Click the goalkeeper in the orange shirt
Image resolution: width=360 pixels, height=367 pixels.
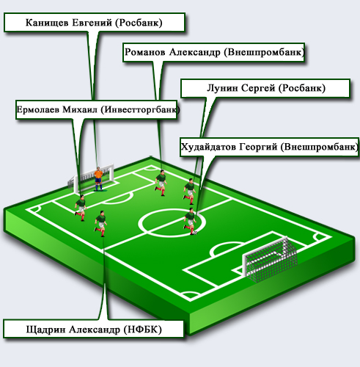pyautogui.click(x=98, y=179)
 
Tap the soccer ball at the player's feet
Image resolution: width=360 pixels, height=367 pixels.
pyautogui.click(x=195, y=233)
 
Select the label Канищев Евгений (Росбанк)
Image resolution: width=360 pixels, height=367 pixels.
pyautogui.click(x=94, y=23)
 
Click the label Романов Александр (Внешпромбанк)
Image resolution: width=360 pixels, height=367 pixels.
pyautogui.click(x=214, y=52)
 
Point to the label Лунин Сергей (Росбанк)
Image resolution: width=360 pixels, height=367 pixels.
pyautogui.click(x=266, y=88)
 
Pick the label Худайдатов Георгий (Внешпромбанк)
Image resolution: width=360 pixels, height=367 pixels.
pyautogui.click(x=269, y=147)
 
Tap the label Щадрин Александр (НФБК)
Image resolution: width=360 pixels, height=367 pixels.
pyautogui.click(x=94, y=329)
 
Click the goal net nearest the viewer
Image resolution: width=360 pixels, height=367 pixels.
pyautogui.click(x=270, y=259)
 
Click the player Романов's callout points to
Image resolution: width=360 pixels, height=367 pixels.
pyautogui.click(x=161, y=182)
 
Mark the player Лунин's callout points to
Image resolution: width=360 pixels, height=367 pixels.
pyautogui.click(x=190, y=192)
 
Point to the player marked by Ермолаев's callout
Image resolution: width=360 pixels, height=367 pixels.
pyautogui.click(x=81, y=208)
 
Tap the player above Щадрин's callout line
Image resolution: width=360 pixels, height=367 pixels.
pyautogui.click(x=100, y=223)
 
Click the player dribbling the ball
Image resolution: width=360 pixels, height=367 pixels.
pyautogui.click(x=190, y=221)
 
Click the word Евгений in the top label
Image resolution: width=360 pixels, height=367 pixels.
pyautogui.click(x=92, y=23)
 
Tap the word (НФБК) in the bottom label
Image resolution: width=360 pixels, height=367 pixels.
pyautogui.click(x=143, y=330)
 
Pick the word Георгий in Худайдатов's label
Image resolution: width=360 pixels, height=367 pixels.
pyautogui.click(x=258, y=147)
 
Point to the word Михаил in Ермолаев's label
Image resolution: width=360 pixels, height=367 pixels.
pyautogui.click(x=80, y=109)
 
